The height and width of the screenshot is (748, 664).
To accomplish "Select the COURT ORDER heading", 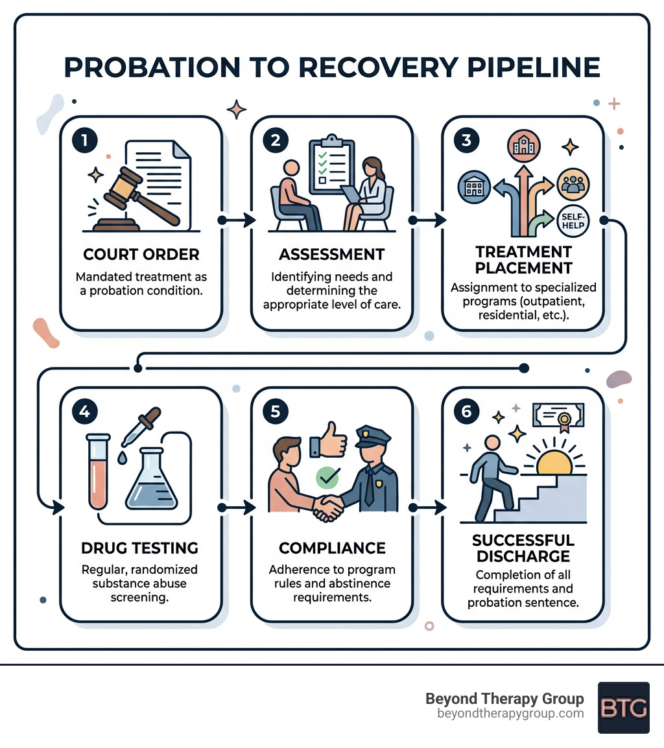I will pyautogui.click(x=141, y=254).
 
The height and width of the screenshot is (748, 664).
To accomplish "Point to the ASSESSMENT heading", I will pyautogui.click(x=332, y=254).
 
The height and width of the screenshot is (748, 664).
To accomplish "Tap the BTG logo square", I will pyautogui.click(x=623, y=707).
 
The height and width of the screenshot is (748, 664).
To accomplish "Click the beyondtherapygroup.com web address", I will pyautogui.click(x=511, y=714).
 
